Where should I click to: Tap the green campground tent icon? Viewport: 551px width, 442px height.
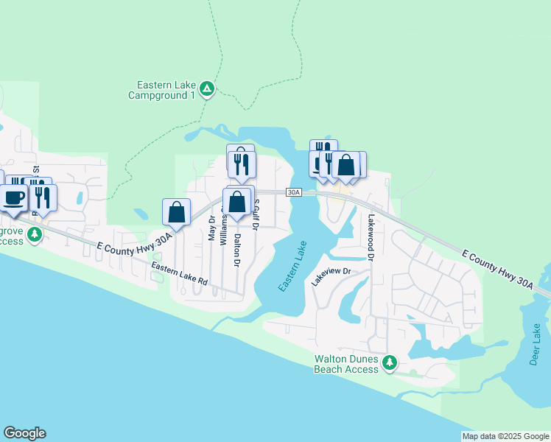(x=208, y=89)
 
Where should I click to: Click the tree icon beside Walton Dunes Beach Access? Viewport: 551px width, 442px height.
(x=390, y=362)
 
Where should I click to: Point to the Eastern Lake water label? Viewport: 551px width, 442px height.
(x=292, y=269)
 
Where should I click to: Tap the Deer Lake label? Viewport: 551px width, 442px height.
(x=535, y=344)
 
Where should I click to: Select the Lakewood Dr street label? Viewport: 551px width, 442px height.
(x=371, y=237)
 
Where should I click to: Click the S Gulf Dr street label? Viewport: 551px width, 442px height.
(x=256, y=214)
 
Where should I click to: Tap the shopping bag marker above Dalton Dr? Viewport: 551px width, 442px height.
(x=237, y=201)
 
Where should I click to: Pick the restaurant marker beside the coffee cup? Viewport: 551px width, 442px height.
(x=43, y=197)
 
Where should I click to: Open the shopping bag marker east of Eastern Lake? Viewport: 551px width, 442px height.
(x=345, y=165)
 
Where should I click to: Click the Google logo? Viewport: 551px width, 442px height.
(x=24, y=433)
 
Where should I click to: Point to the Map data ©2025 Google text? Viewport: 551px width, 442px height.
(x=505, y=436)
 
